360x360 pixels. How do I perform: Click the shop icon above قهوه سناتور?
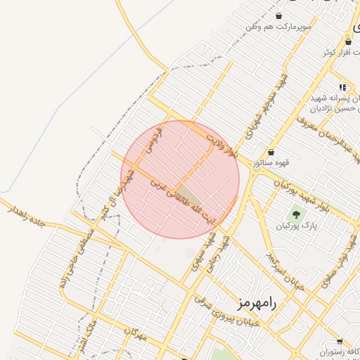coord(271,152)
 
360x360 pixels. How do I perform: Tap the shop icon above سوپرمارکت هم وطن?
coord(279,15)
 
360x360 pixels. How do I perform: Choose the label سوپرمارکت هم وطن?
coord(278,27)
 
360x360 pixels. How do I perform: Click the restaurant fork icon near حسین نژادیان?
coord(342,87)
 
